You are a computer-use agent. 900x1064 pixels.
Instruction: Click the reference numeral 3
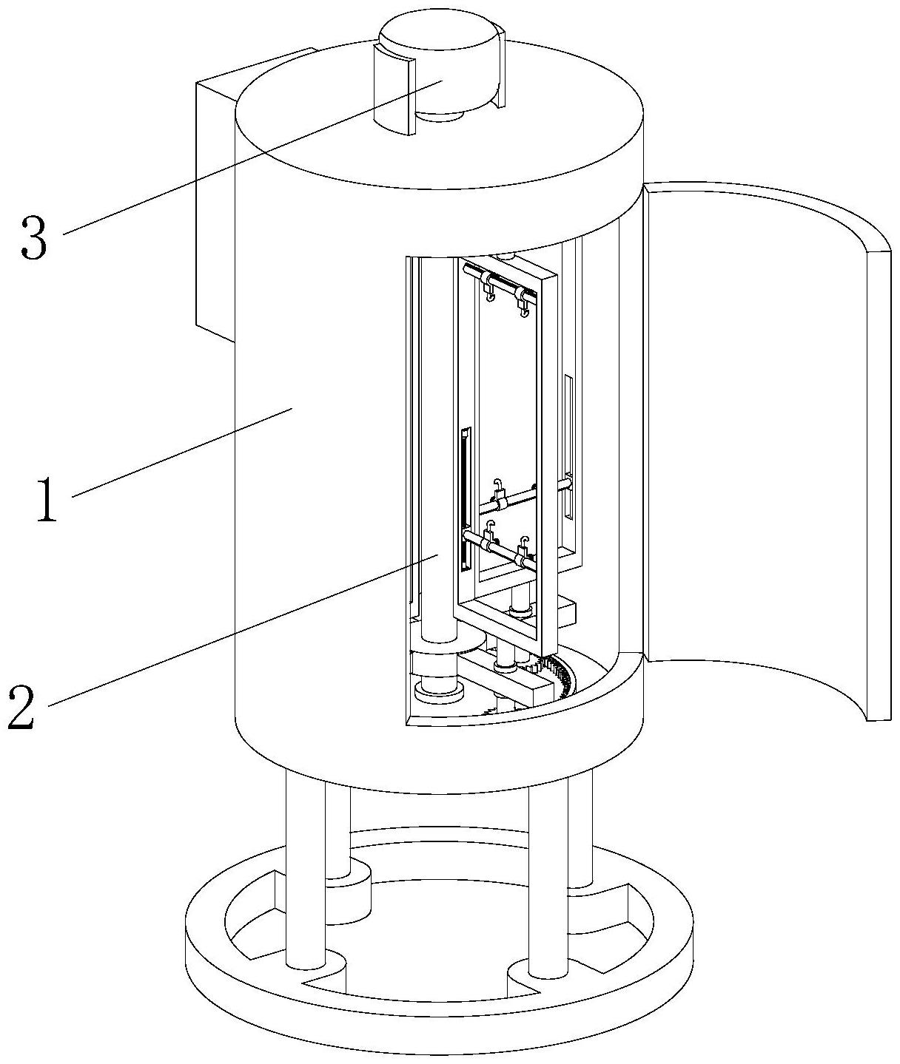[x=34, y=237]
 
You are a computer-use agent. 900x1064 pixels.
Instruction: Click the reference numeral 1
[x=47, y=499]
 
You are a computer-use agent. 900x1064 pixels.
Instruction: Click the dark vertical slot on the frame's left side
[x=464, y=499]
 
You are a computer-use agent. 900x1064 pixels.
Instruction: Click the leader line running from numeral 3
[x=253, y=157]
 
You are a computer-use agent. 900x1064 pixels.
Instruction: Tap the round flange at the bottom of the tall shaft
[x=440, y=692]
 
